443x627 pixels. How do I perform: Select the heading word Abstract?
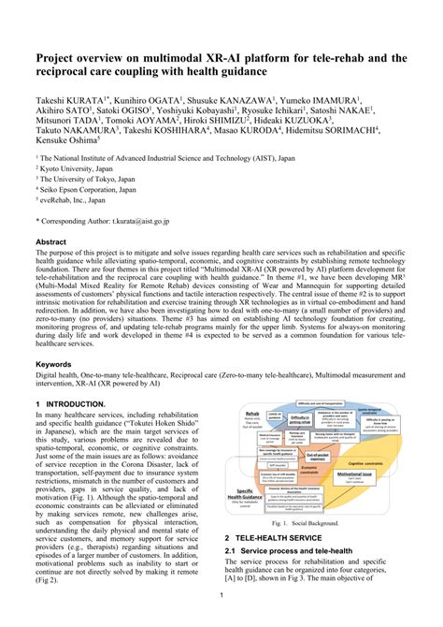[51, 241]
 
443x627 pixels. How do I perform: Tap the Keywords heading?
[53, 364]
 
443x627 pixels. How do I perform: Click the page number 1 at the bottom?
[221, 595]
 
